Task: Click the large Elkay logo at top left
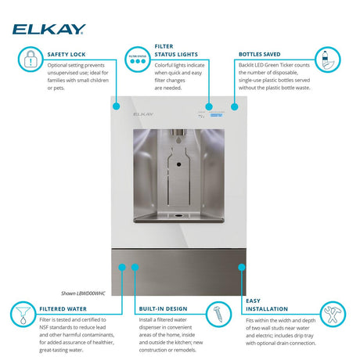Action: [49, 30]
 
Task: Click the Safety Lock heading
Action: [65, 55]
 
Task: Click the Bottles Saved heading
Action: [259, 55]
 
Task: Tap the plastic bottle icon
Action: [323, 59]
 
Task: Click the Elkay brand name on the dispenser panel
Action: [143, 113]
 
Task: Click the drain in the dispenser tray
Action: [180, 214]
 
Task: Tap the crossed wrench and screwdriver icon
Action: [333, 315]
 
